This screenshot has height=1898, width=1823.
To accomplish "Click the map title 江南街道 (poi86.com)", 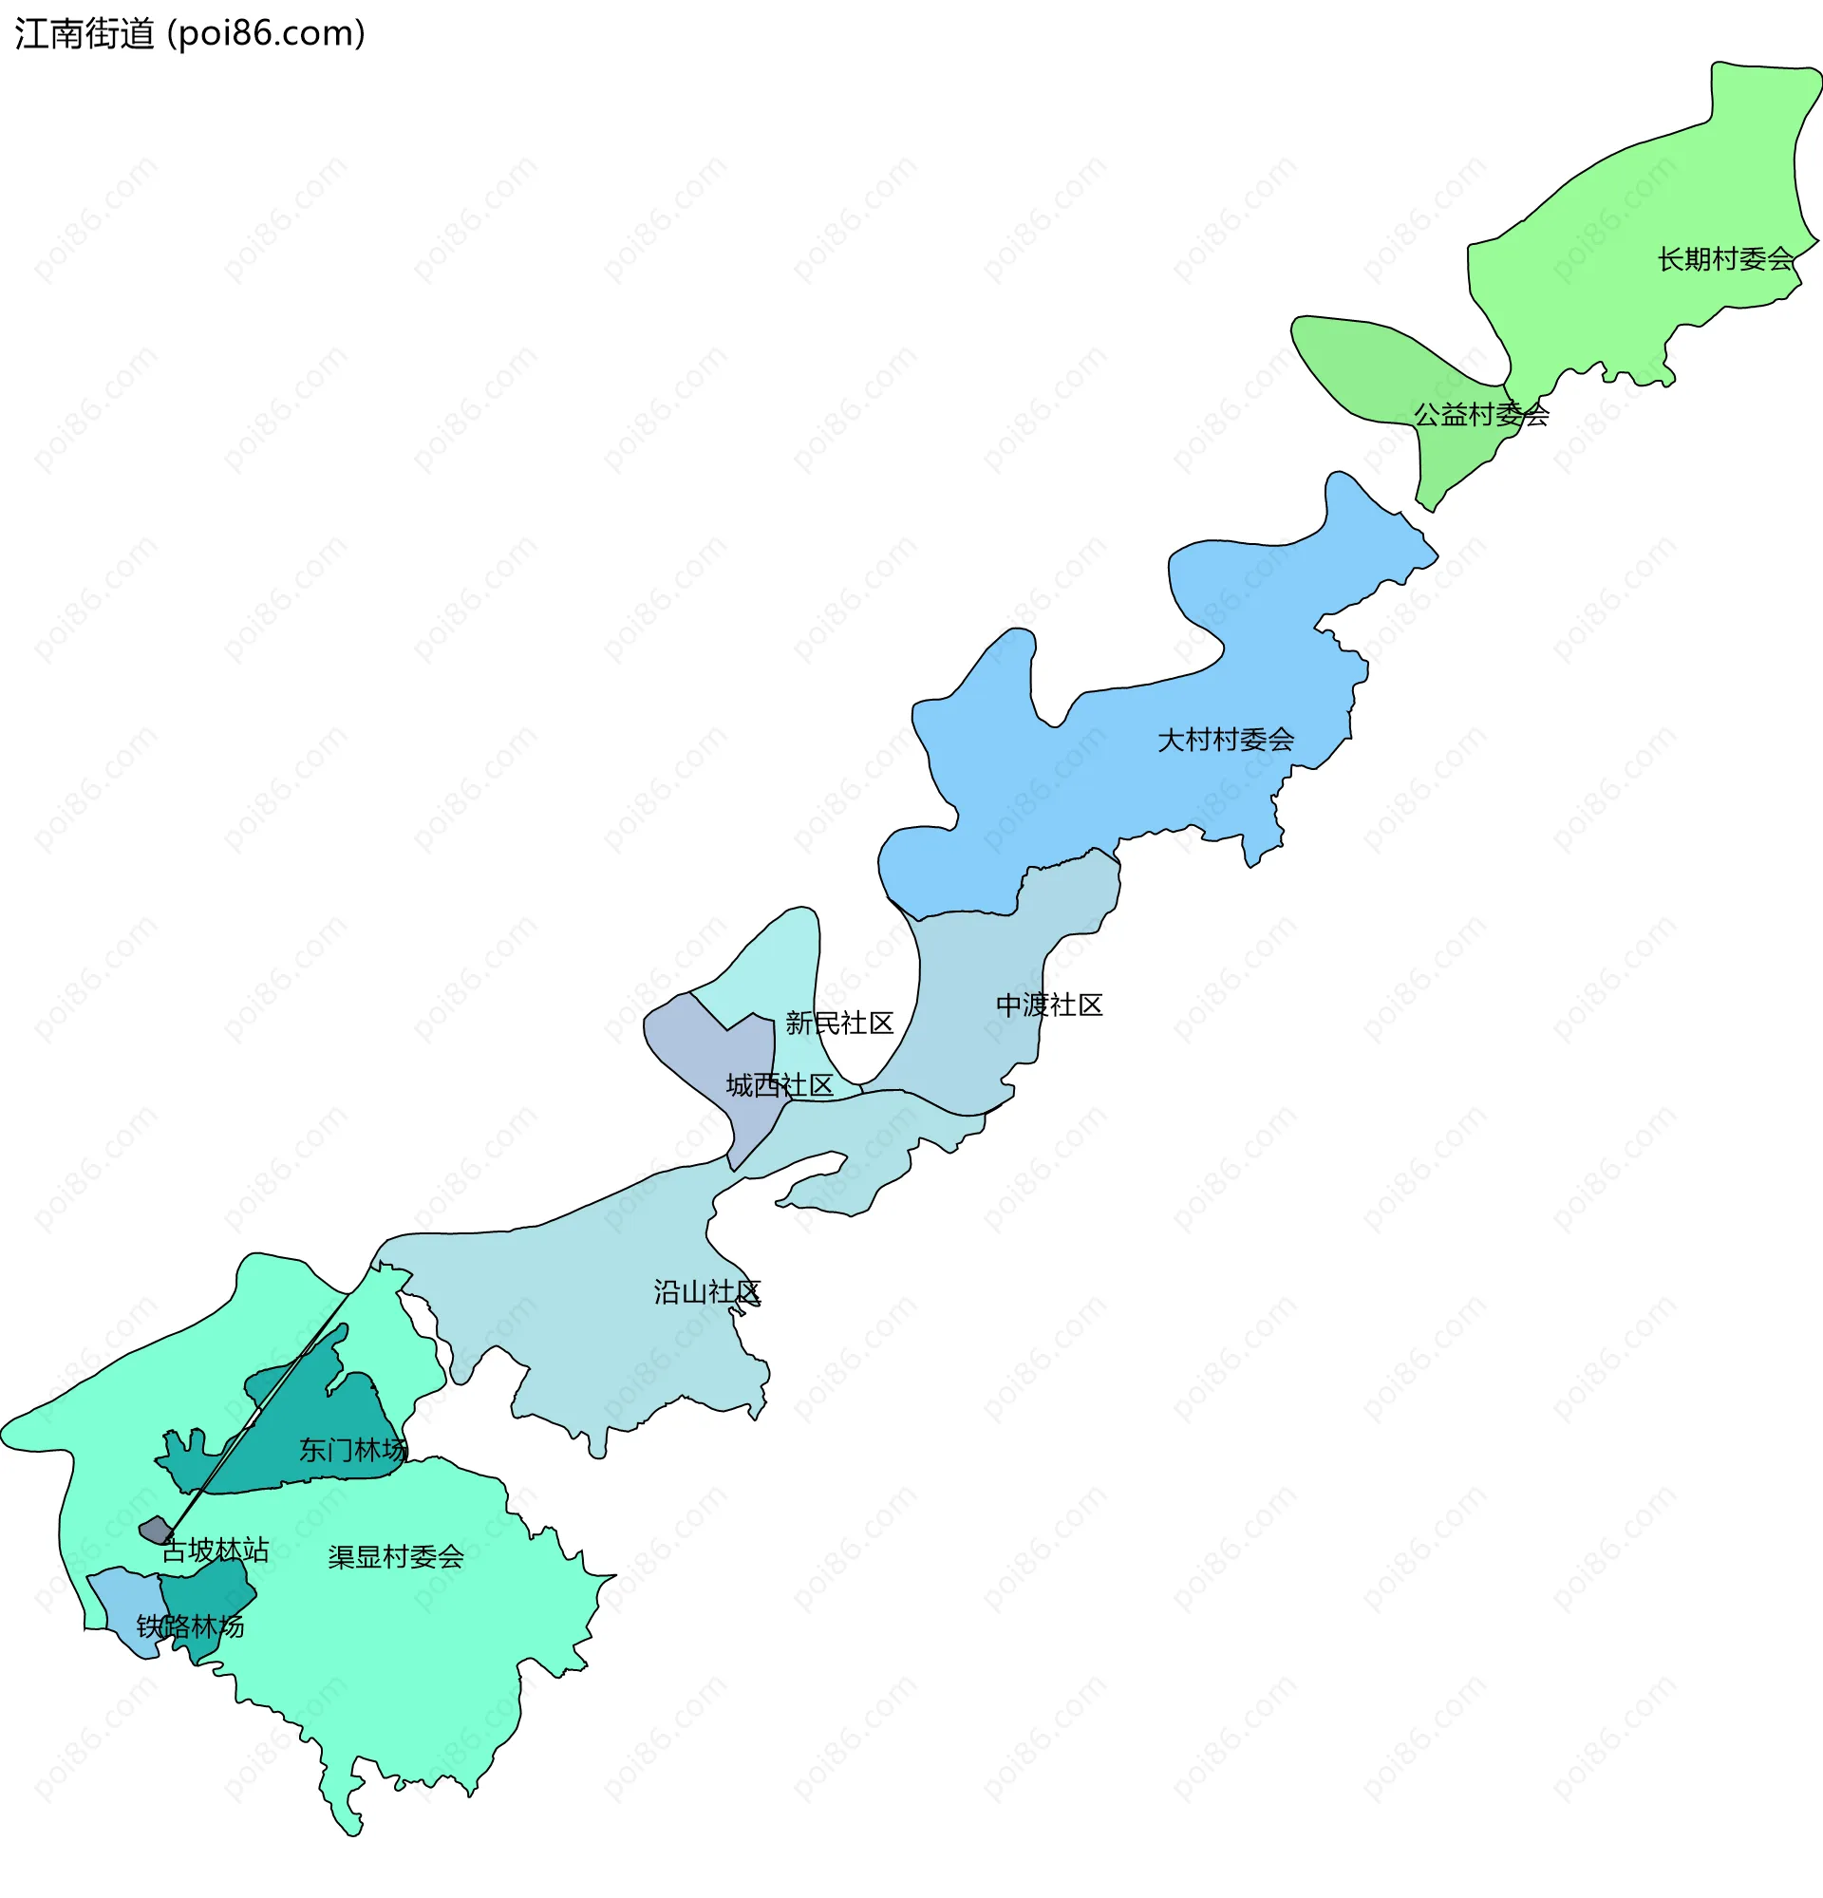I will pos(190,34).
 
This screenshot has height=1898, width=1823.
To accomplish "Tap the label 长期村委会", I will pos(1725,259).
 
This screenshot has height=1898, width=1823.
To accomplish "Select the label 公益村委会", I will pos(1481,416).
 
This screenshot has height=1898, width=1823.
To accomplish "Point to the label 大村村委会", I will pos(1226,741).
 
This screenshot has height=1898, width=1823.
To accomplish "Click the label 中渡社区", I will pos(1049,1005).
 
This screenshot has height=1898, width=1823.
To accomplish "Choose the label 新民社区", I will pos(839,1024).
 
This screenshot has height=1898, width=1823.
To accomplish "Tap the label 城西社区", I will pos(780,1085).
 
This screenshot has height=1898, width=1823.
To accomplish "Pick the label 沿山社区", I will pos(706,1292).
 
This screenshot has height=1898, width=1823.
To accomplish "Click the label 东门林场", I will pos(352,1450).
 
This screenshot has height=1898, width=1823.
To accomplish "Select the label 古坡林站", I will pos(215,1550).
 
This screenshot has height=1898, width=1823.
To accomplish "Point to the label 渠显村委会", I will pos(396,1556).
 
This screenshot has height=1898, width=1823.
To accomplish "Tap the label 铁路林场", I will pos(190,1626).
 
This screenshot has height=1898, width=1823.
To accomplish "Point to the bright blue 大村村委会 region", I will pos(1114,775).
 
